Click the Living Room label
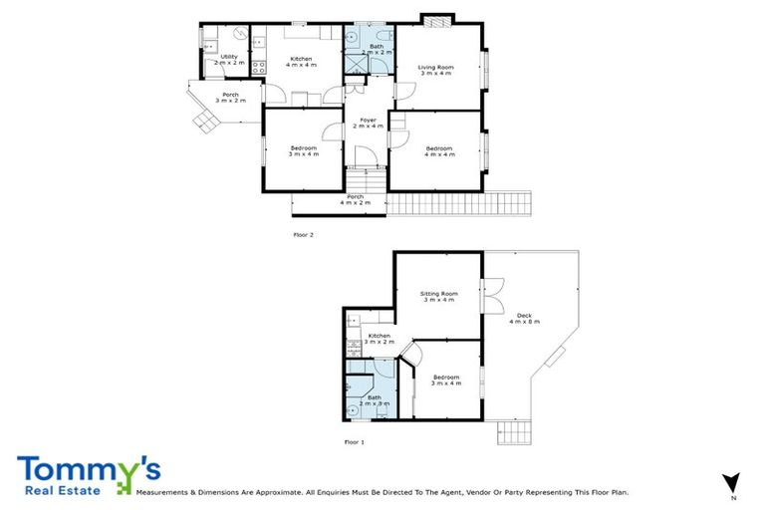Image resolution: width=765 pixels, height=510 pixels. [x=436, y=70]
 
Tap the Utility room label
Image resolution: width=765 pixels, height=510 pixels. [x=228, y=60]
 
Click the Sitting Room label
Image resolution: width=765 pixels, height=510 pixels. [x=438, y=297]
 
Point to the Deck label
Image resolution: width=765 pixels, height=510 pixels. [x=524, y=319]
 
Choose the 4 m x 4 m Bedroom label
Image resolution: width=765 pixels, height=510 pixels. [x=438, y=151]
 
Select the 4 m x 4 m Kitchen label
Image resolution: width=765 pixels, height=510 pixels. [x=301, y=62]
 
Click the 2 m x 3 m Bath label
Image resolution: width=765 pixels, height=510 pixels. [x=374, y=400]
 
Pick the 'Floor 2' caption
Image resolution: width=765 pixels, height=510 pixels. [x=303, y=235]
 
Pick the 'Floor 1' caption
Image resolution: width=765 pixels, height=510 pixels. [x=355, y=441]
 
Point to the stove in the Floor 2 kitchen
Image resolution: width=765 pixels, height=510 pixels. [x=257, y=69]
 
